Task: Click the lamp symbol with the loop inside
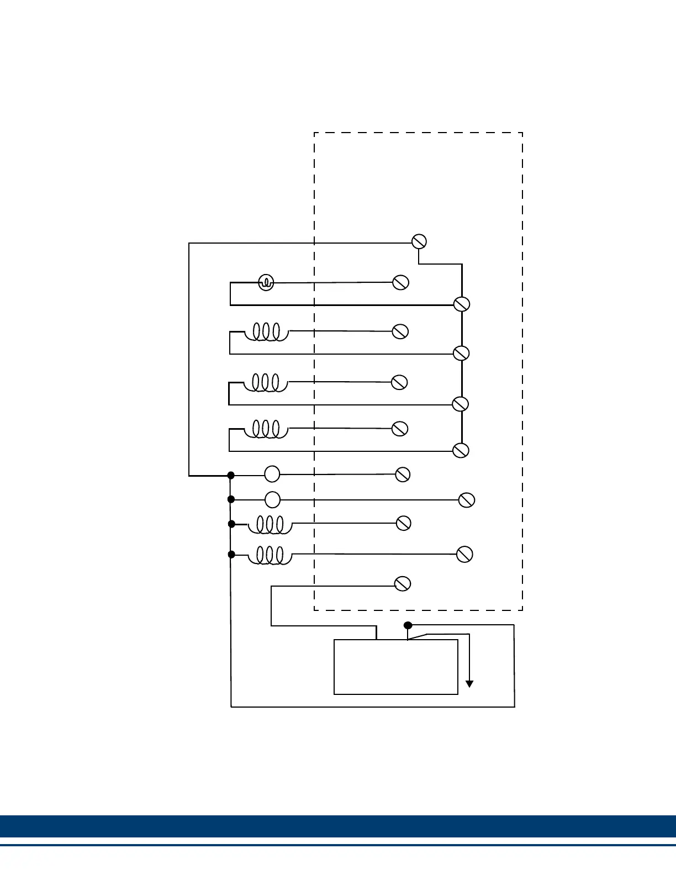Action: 266,283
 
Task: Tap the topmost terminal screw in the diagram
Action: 419,241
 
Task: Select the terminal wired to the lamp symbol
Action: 400,282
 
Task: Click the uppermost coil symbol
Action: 267,332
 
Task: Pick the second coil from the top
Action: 266,383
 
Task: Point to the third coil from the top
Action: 266,429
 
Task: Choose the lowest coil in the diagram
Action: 270,555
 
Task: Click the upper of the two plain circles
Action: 272,474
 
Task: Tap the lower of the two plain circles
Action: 272,499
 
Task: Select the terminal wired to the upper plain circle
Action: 403,474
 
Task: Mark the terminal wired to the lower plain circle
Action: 467,500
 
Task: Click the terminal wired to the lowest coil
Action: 464,554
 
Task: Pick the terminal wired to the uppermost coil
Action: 400,331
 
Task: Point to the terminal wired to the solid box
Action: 403,583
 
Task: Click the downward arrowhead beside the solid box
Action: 469,684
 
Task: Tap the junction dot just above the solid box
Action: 408,625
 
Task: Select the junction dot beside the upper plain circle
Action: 231,475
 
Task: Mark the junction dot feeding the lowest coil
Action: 231,554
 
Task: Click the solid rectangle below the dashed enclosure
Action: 396,667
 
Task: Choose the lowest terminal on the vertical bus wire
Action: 461,450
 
